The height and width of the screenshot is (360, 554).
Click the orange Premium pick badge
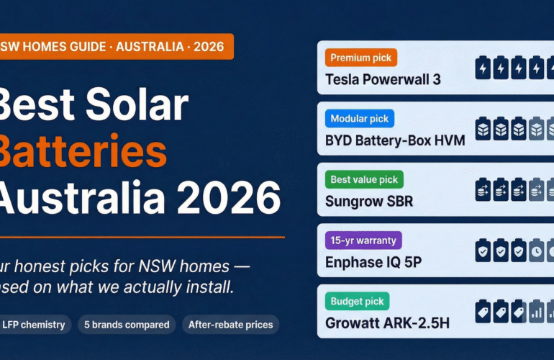360,58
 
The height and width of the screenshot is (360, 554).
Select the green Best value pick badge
364,179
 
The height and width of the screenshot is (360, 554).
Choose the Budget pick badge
357,301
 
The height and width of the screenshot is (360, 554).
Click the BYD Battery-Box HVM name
394,140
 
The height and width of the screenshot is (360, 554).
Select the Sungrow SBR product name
369,201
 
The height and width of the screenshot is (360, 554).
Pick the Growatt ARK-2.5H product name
387,323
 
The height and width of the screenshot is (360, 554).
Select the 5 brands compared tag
126,325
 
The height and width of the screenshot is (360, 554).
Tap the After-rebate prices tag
230,325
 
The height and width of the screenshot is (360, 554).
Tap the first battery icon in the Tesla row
483,68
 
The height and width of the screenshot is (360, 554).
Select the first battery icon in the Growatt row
483,311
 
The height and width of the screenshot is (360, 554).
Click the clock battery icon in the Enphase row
537,251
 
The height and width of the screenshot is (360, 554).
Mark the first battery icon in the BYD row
483,129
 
